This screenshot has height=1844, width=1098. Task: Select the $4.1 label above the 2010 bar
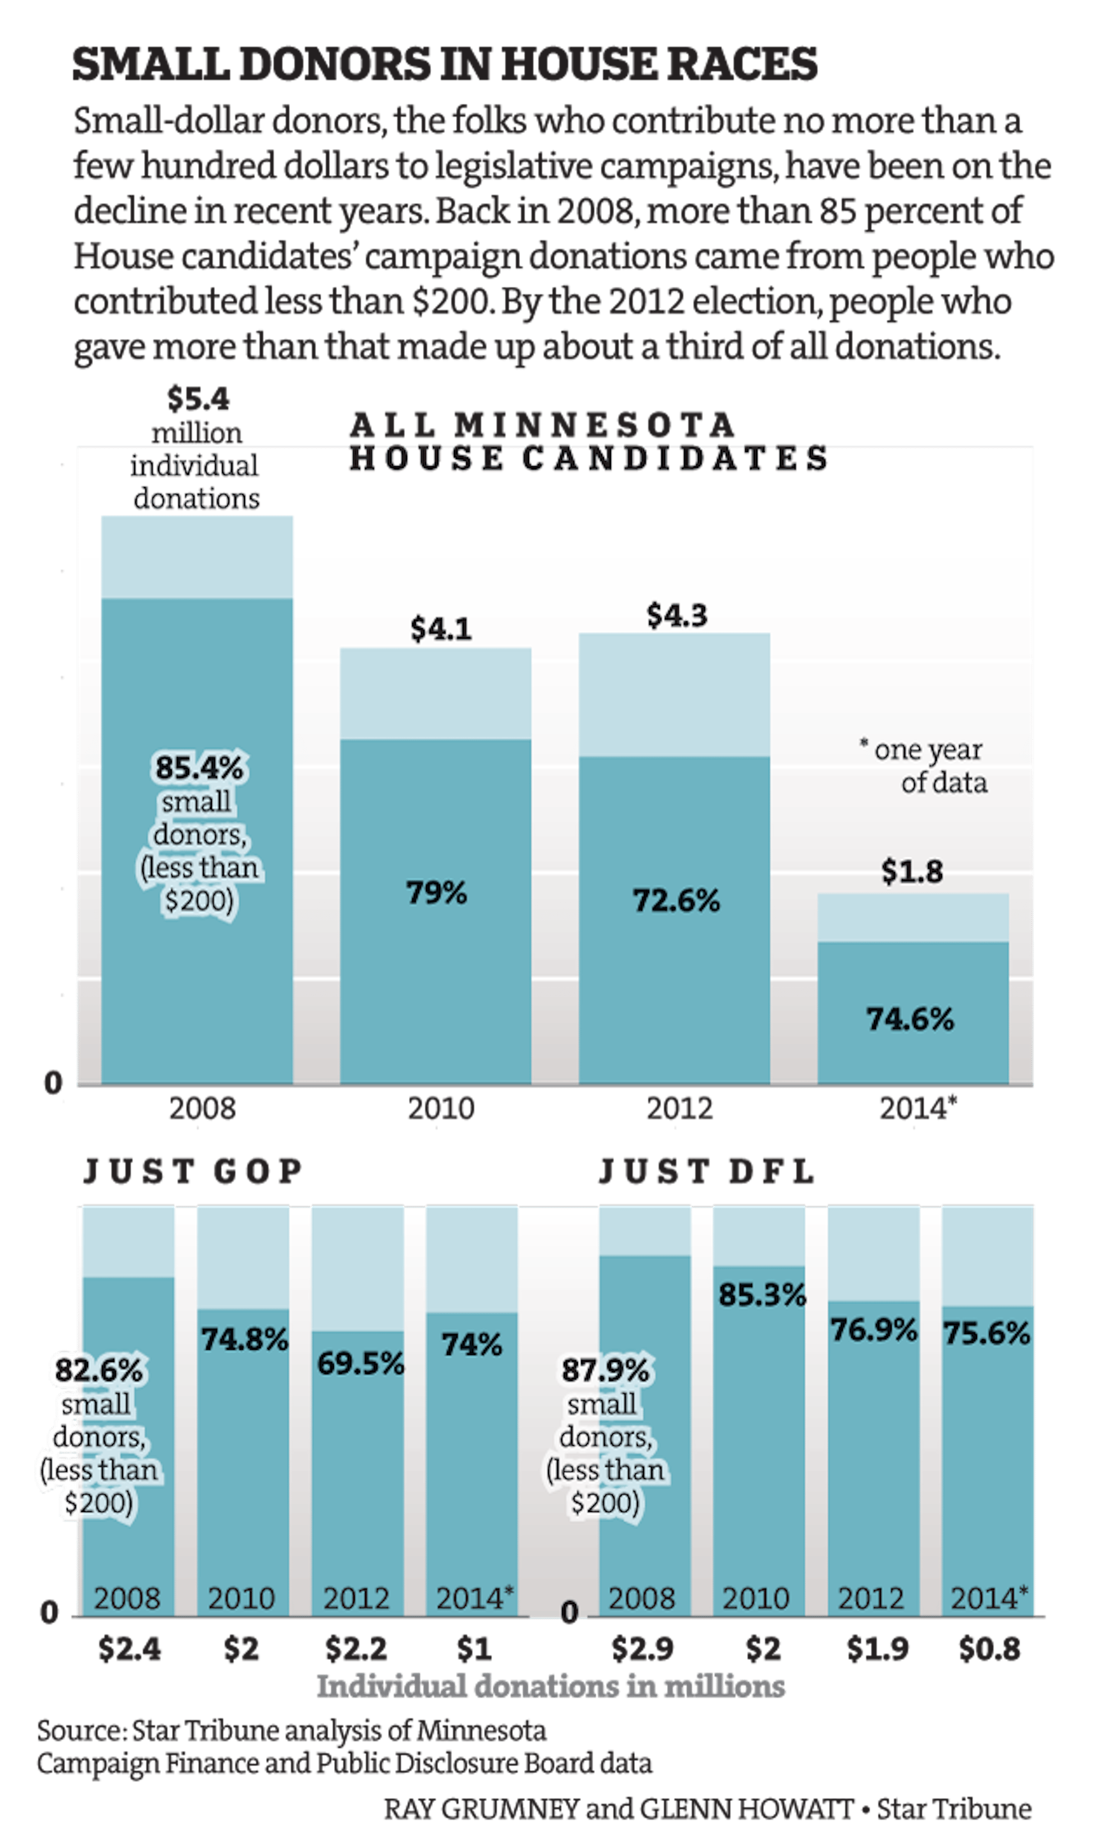click(x=440, y=629)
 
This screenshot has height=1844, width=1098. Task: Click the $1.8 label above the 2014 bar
click(x=911, y=872)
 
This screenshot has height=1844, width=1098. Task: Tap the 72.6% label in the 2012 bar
click(x=676, y=900)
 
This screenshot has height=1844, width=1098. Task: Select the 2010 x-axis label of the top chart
click(x=440, y=1108)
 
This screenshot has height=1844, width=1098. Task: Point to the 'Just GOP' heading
click(x=192, y=1171)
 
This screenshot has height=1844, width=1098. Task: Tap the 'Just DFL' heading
click(x=706, y=1171)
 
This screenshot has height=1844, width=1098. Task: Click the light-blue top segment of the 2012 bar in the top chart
click(x=674, y=694)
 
